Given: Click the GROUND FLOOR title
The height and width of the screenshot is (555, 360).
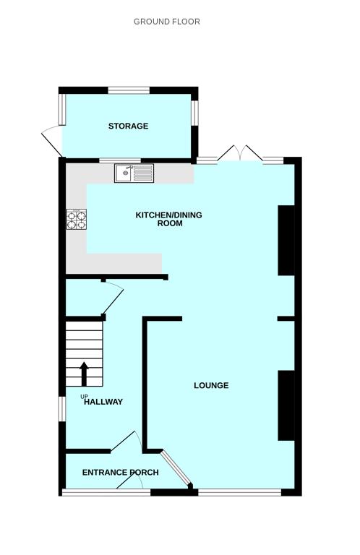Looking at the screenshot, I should point(166,22).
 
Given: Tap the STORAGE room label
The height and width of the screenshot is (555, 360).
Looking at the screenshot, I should point(128,126).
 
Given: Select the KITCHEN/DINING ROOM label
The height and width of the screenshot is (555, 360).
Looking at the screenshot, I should point(169,219).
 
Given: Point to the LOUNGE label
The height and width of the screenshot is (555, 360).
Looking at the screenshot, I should point(211,386).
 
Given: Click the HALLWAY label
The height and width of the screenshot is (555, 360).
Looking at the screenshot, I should point(103,403).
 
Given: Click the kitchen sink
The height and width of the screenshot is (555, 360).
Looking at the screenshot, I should point(134,173).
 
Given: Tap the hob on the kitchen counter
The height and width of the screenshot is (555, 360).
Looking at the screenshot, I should point(76,219).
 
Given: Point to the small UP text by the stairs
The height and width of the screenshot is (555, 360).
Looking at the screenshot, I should point(84,396).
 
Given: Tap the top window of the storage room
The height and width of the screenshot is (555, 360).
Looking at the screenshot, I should point(129,90).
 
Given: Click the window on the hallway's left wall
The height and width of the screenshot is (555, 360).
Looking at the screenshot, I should point(62,407).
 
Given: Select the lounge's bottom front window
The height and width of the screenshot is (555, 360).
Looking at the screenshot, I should point(239,492).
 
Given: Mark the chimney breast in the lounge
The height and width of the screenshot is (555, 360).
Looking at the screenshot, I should point(286,405).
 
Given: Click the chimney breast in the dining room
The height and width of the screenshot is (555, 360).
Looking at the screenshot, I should point(286,241).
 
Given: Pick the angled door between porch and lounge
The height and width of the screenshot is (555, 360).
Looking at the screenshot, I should point(175,469).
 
